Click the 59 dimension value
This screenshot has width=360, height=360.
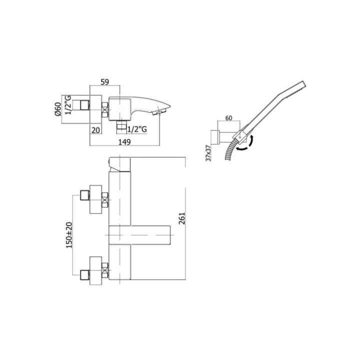(x=104, y=81)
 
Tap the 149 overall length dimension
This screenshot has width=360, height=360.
(x=124, y=142)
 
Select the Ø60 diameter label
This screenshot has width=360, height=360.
(x=58, y=109)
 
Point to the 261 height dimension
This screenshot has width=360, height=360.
(x=182, y=218)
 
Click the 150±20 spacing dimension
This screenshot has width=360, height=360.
(x=69, y=235)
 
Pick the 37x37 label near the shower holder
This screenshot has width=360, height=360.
(x=208, y=153)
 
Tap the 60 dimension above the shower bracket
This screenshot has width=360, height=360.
(x=228, y=118)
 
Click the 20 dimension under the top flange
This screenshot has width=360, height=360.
(x=95, y=130)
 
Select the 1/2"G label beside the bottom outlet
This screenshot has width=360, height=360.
(x=137, y=129)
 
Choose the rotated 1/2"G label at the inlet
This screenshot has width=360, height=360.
(x=68, y=105)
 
